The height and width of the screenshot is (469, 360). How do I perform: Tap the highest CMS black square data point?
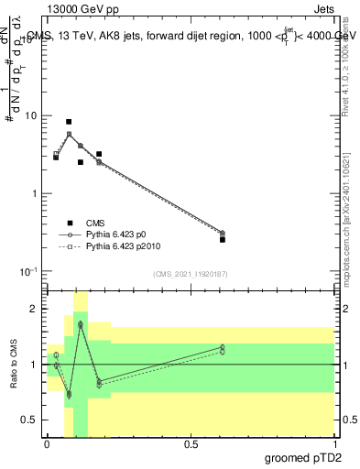pos(69,122)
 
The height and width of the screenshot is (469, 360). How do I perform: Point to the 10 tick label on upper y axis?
pos(30,116)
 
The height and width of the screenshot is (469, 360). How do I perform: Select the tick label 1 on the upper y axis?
pos(34,194)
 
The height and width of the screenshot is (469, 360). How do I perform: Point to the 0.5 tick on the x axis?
pos(191,443)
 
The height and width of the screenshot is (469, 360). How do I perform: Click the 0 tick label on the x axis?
pos(46,443)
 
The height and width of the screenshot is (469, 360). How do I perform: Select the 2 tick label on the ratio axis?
pos(34,309)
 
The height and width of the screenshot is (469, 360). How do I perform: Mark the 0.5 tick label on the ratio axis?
pos(30,420)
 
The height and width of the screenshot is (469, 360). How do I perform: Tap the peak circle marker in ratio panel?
pos(81,324)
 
